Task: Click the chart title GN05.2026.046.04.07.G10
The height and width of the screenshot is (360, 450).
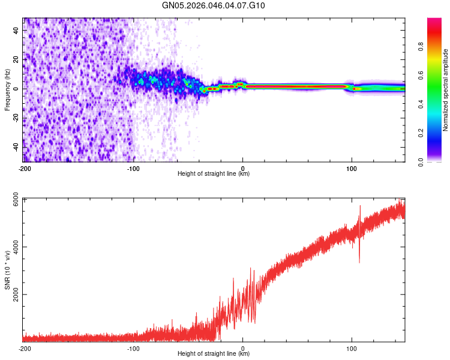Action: pyautogui.click(x=214, y=6)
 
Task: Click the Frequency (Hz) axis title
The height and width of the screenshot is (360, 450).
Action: pyautogui.click(x=7, y=90)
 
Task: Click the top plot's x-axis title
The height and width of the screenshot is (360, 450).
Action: pyautogui.click(x=214, y=174)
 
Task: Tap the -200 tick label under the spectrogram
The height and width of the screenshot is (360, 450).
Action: pyautogui.click(x=25, y=169)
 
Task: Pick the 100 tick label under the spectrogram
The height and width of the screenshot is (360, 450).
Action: pyautogui.click(x=352, y=169)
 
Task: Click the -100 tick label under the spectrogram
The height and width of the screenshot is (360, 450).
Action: pyautogui.click(x=133, y=169)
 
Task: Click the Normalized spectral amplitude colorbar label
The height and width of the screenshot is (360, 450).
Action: pyautogui.click(x=446, y=90)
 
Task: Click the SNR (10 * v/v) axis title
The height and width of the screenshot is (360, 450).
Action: pyautogui.click(x=7, y=270)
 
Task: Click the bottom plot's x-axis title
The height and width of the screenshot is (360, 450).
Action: pyautogui.click(x=214, y=354)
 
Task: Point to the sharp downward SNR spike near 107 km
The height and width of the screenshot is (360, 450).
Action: pyautogui.click(x=359, y=259)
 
